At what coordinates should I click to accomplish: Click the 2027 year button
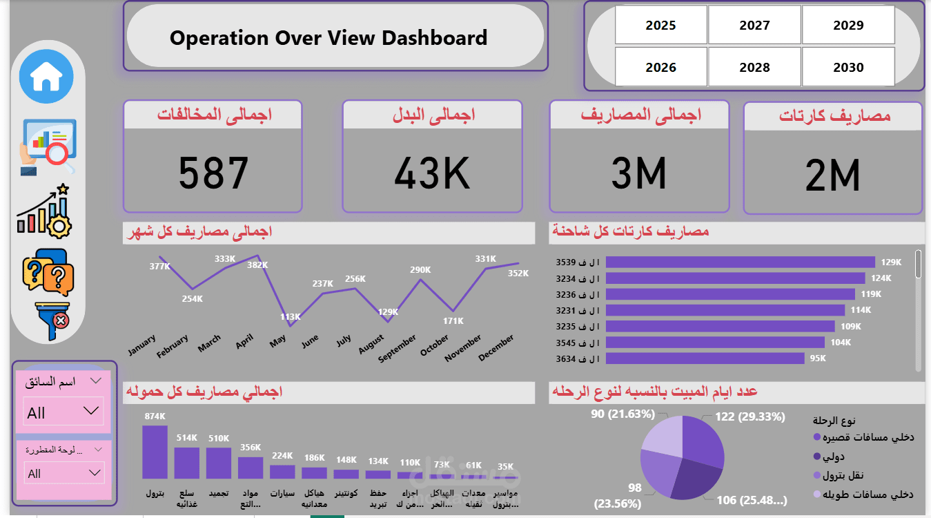coord(754,26)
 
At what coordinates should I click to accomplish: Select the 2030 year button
coord(848,67)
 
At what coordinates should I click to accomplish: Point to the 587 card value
coord(213,173)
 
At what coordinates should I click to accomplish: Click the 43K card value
coord(432,173)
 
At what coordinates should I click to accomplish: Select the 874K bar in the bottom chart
coord(155,452)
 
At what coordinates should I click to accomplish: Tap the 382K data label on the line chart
coord(257,265)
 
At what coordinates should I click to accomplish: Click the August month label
coord(371,345)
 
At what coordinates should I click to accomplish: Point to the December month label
coord(496,348)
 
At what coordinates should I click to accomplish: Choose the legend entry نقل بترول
coord(843,475)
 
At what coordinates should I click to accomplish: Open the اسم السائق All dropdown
coord(63,412)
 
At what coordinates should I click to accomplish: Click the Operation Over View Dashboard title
coord(329,37)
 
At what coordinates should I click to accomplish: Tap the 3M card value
coord(638,173)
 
